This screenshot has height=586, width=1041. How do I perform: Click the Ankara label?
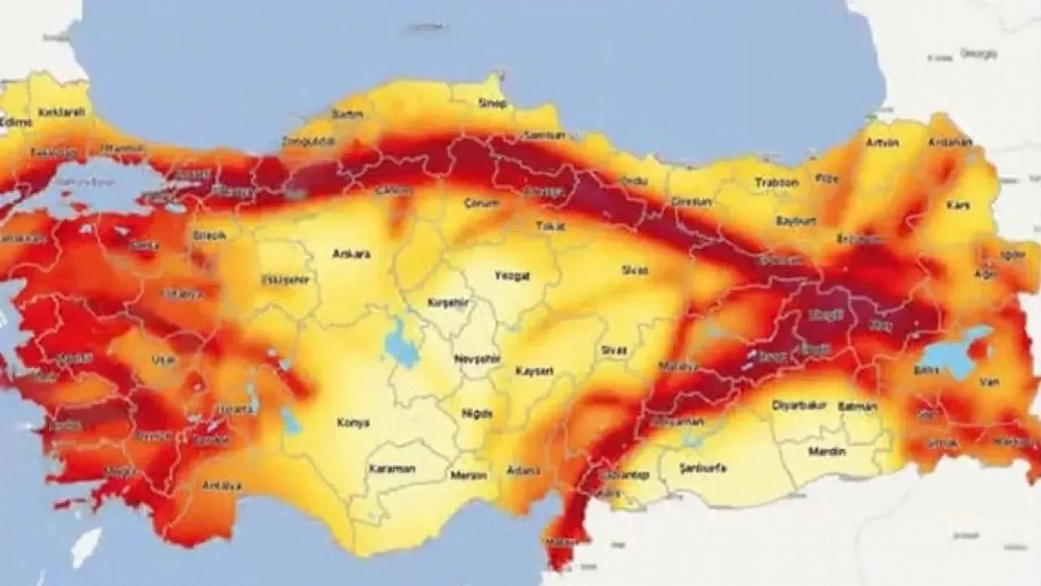coord(351,254)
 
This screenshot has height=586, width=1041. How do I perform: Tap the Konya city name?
coord(353,423)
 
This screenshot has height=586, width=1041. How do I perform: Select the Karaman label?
coord(392,468)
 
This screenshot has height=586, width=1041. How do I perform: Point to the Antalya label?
coord(222,486)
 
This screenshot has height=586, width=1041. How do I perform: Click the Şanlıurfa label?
coord(702,467)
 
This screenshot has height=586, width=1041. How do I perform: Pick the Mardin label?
coord(826,452)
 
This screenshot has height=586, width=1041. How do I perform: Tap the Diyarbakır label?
coord(799,406)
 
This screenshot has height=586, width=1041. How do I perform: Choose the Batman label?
coord(858,407)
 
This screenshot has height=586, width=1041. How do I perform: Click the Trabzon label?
coord(777,183)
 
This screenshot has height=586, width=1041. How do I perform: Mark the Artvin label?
coord(882,143)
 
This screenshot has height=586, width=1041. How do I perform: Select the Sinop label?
coord(492,103)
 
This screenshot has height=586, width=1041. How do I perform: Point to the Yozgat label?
coord(512,276)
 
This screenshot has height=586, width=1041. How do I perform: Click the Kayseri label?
coord(535,371)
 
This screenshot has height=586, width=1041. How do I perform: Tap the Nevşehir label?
coord(478,360)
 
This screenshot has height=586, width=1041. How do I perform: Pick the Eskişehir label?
coord(285,280)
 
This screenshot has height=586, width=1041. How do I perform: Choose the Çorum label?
coord(482,204)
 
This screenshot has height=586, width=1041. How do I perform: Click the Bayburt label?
coord(795,221)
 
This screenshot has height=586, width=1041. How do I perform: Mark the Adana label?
coord(523,471)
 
